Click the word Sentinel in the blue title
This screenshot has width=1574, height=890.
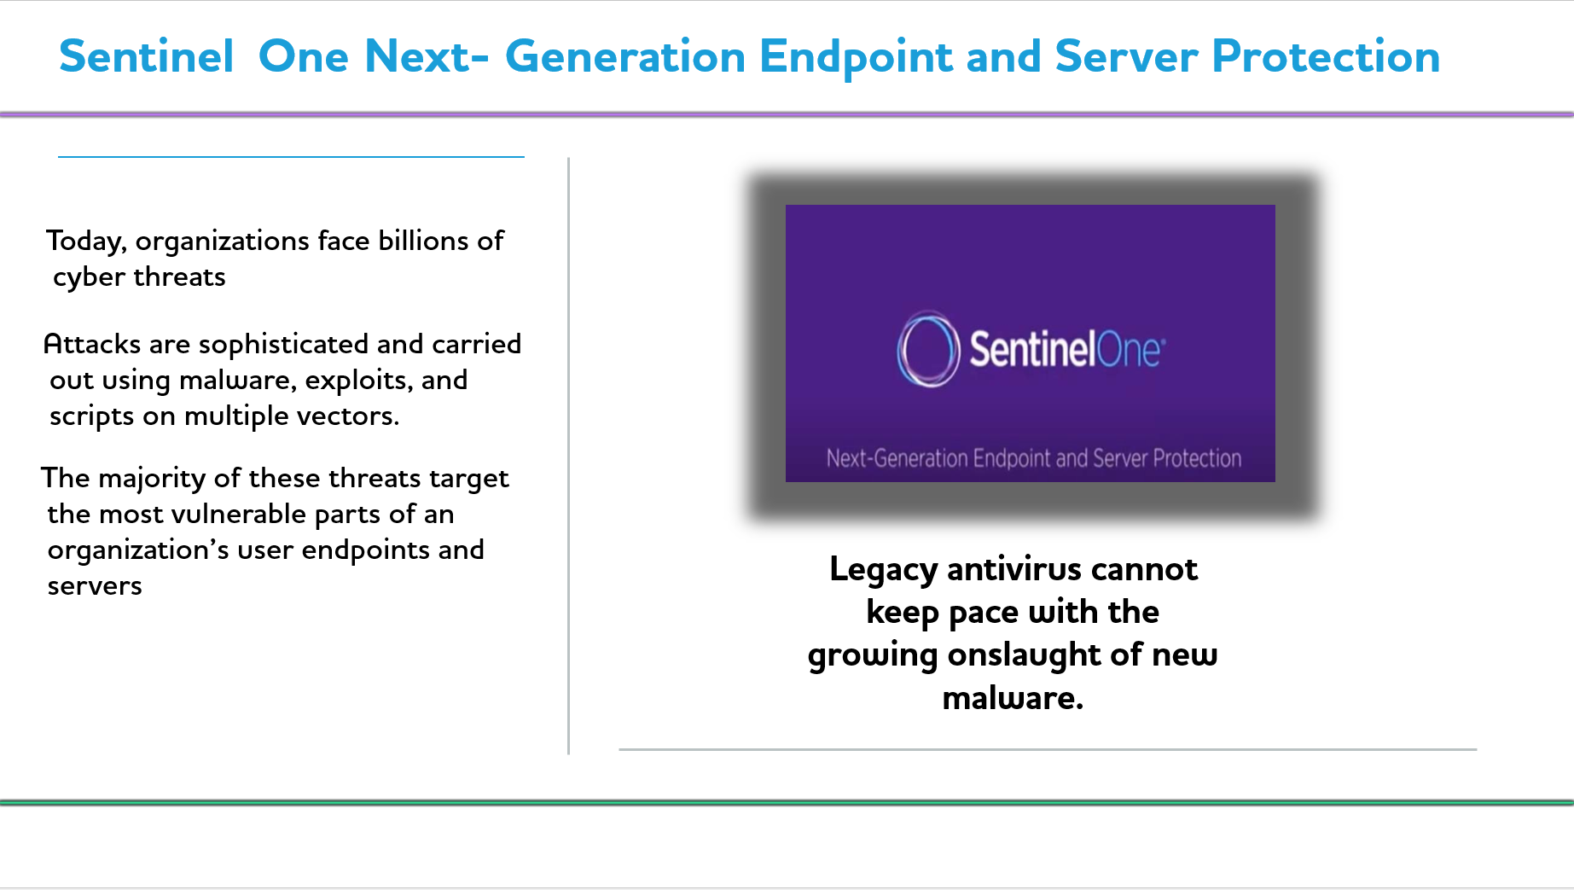point(146,56)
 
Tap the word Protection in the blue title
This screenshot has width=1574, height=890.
point(1326,56)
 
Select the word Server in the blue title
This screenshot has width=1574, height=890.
point(1126,56)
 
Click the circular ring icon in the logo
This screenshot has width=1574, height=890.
point(927,349)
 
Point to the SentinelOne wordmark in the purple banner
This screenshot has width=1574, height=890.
point(1066,349)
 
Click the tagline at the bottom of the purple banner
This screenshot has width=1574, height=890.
point(1033,458)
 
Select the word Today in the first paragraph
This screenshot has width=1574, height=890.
point(86,242)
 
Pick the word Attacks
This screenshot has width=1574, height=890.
point(92,344)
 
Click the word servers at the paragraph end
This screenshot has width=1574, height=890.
point(95,586)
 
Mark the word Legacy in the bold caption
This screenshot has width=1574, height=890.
point(884,570)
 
